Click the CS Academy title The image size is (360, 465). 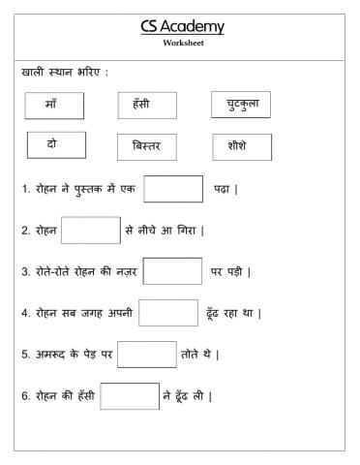coord(182,26)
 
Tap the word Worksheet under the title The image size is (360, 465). coord(183,44)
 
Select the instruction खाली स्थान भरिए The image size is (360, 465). coord(66,74)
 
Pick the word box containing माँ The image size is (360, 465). coord(55,104)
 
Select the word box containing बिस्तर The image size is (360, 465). coord(146,147)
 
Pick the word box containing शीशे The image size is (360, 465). coord(241,147)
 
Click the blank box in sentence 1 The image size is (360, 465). coord(172,189)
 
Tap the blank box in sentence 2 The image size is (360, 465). coord(91,231)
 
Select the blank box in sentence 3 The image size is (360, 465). coord(172,272)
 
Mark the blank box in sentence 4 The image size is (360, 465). coord(168,314)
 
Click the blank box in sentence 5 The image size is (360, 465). coord(147,355)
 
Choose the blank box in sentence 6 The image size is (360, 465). coord(130,396)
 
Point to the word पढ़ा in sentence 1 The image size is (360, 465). coord(223,190)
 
